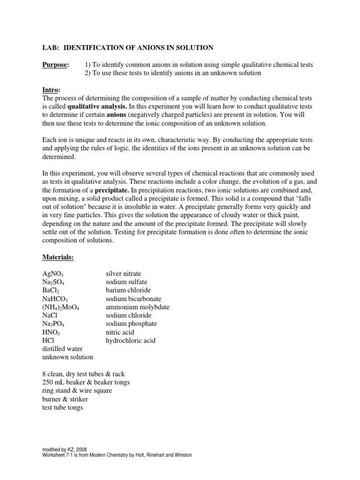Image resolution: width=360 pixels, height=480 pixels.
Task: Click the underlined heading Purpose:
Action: point(56,64)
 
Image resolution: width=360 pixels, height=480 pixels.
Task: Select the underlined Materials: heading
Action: point(59,257)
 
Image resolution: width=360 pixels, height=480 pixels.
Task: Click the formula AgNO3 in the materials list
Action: point(53,274)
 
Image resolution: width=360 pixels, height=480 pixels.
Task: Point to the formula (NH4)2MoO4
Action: point(61,307)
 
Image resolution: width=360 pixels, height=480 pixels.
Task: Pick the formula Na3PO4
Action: point(54,324)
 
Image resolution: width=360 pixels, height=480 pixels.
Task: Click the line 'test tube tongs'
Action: point(63,407)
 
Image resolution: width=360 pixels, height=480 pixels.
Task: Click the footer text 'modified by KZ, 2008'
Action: point(64,449)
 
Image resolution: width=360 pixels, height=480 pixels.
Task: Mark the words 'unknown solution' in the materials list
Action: point(67,357)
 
